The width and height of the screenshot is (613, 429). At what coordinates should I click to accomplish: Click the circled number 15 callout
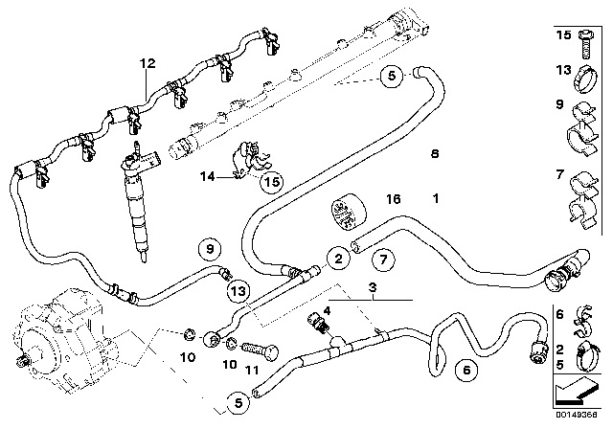click(272, 182)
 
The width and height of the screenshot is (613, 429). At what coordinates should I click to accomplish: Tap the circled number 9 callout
click(210, 248)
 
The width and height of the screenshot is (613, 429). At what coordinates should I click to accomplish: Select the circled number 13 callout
click(238, 291)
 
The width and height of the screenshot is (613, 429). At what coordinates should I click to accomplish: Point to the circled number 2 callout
click(338, 258)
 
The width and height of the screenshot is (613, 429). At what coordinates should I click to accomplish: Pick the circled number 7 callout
click(383, 260)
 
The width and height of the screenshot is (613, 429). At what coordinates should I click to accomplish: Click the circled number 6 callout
click(466, 370)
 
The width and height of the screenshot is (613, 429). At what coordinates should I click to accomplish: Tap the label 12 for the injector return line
click(148, 63)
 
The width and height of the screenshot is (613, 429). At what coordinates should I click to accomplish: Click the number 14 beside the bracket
click(208, 176)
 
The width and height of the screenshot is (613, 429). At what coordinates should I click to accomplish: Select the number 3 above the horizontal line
click(373, 288)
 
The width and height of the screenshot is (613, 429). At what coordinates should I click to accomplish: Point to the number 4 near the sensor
click(327, 311)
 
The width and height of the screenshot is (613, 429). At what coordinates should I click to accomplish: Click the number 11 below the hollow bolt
click(252, 370)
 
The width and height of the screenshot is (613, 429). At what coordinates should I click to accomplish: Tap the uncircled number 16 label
click(394, 199)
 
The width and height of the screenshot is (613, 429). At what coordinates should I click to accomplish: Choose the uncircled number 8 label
click(435, 153)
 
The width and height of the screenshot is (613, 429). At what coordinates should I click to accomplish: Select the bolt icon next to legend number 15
click(587, 45)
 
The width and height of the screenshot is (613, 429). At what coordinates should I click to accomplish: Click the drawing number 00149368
click(577, 415)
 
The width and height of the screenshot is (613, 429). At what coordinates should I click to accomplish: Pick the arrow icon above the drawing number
click(578, 391)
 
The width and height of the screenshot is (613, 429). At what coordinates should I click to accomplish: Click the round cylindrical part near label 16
click(349, 214)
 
